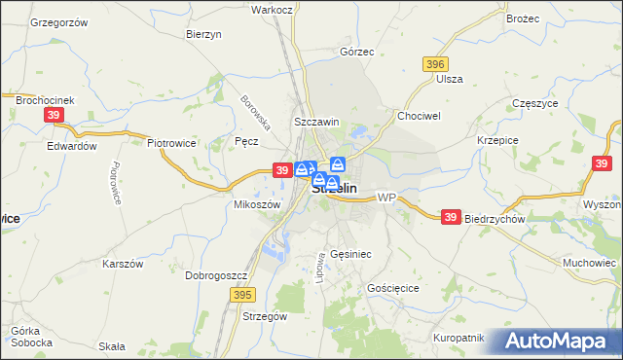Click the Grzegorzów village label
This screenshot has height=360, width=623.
click(59, 21)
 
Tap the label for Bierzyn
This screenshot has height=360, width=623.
click(204, 34)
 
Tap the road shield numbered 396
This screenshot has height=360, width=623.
click(435, 63)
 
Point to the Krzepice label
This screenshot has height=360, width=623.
click(495, 140)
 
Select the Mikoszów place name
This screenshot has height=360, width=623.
click(258, 205)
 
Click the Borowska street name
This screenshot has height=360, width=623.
click(255, 112)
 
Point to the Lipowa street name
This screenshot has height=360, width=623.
click(319, 265)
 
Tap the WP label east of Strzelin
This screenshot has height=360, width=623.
click(386, 198)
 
